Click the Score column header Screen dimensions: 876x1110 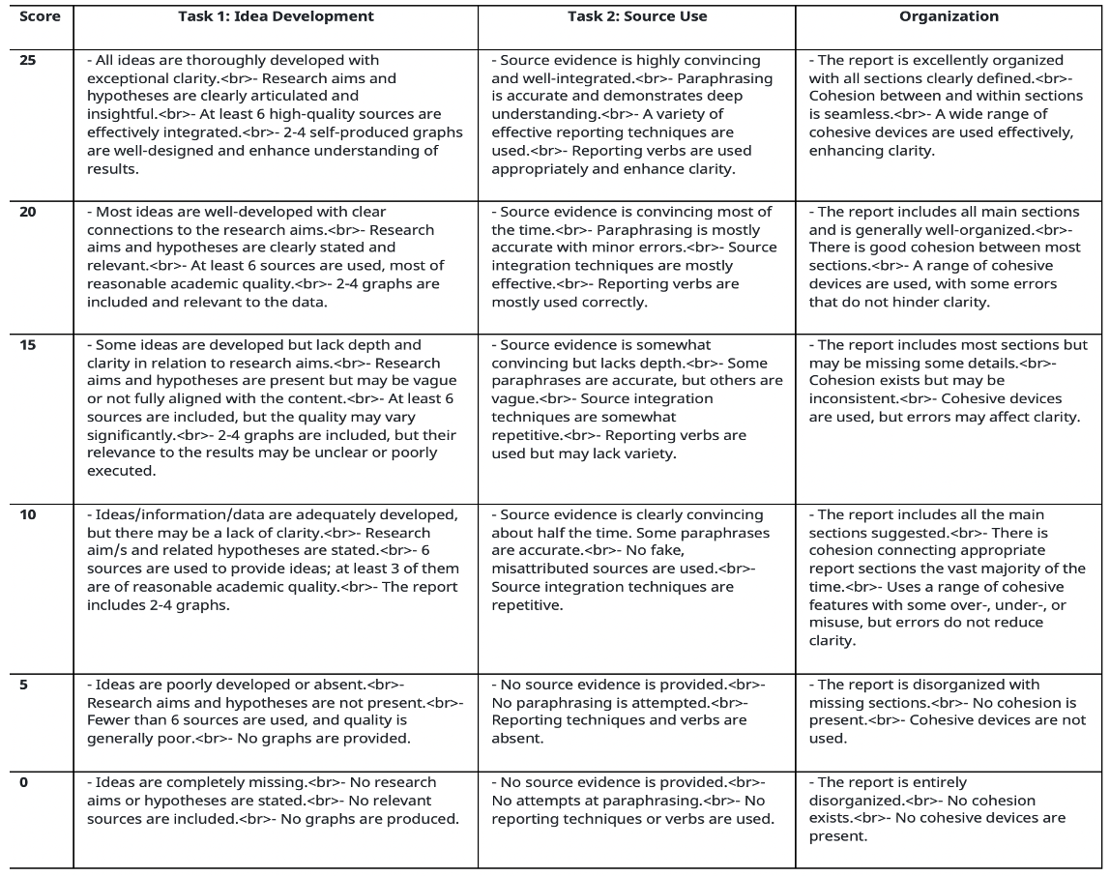coord(40,16)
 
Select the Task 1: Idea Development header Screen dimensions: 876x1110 coord(276,16)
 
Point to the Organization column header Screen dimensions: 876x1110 coord(949,16)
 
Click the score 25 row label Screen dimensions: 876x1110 coord(28,60)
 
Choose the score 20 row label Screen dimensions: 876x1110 coord(28,212)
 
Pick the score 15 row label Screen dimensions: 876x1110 coord(28,345)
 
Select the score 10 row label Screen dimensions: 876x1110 coord(28,515)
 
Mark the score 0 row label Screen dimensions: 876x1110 coord(24,782)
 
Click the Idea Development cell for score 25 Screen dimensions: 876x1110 coord(276,114)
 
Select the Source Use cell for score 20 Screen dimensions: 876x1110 coord(636,256)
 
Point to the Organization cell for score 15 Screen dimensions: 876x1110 coord(949,381)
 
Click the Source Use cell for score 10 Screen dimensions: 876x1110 coord(636,560)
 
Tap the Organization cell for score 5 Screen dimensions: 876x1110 coord(949,712)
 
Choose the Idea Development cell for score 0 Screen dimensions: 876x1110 coord(276,801)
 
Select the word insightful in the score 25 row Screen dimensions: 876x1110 coord(119,114)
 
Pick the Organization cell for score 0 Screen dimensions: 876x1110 coord(949,809)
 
